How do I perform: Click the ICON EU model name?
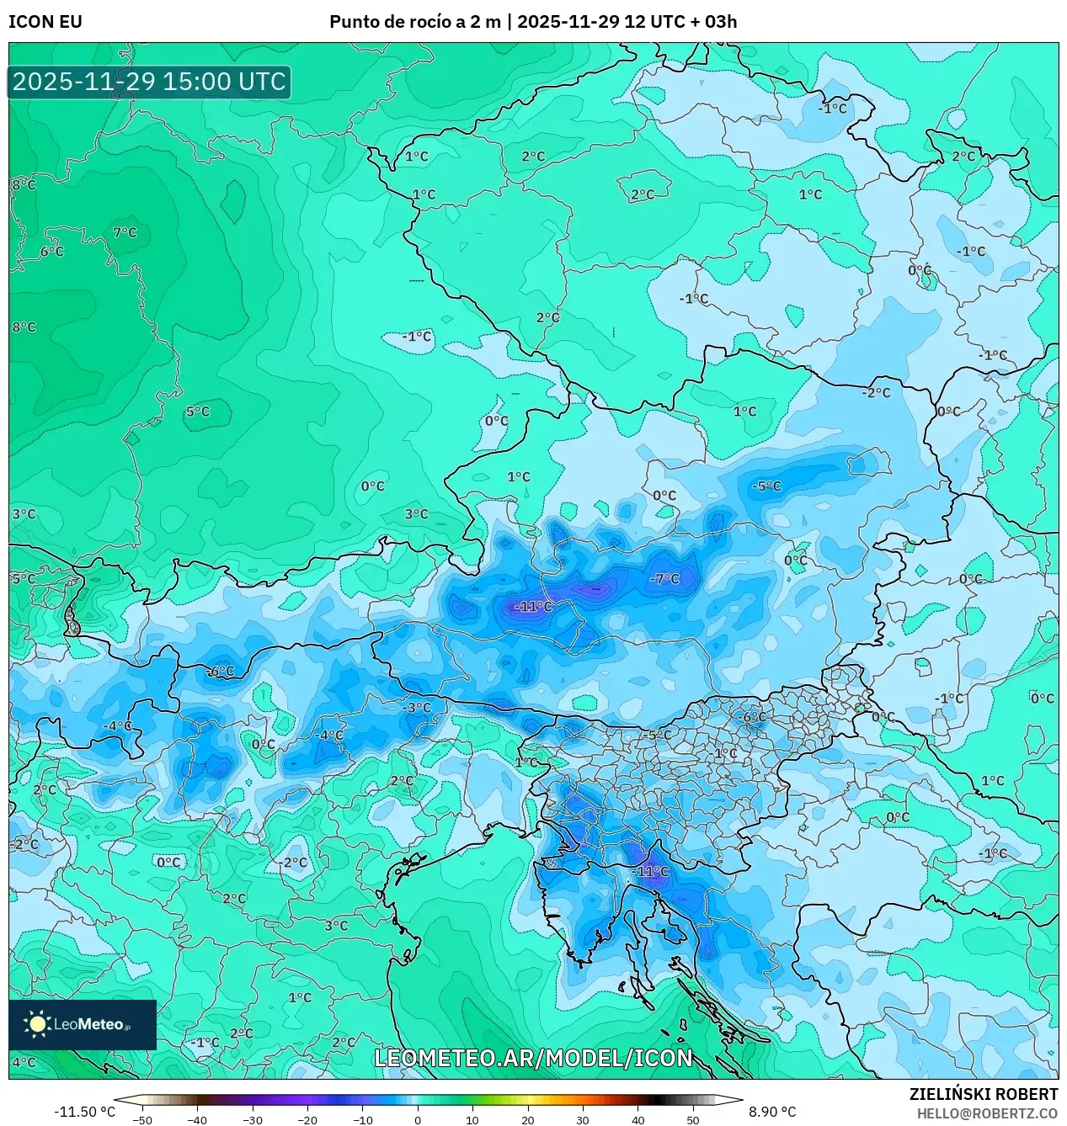45,22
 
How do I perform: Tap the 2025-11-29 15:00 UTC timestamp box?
150,82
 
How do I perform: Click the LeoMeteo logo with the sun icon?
83,1024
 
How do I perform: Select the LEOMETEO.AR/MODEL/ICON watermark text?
533,1058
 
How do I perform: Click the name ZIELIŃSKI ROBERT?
983,1094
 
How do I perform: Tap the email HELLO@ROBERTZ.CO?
987,1113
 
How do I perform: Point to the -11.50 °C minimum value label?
84,1112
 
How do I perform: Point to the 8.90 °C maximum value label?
772,1112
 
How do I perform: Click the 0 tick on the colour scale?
418,1119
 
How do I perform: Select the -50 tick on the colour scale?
142,1119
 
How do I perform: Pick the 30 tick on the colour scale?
583,1119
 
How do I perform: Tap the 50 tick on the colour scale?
693,1119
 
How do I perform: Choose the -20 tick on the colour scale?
307,1119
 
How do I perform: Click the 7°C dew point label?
125,232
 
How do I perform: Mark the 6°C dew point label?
51,252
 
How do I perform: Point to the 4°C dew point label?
24,1062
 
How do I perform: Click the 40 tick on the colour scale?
638,1119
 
